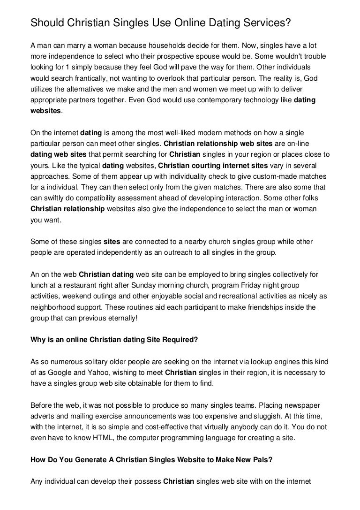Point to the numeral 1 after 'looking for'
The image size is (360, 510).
[x=77, y=68]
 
